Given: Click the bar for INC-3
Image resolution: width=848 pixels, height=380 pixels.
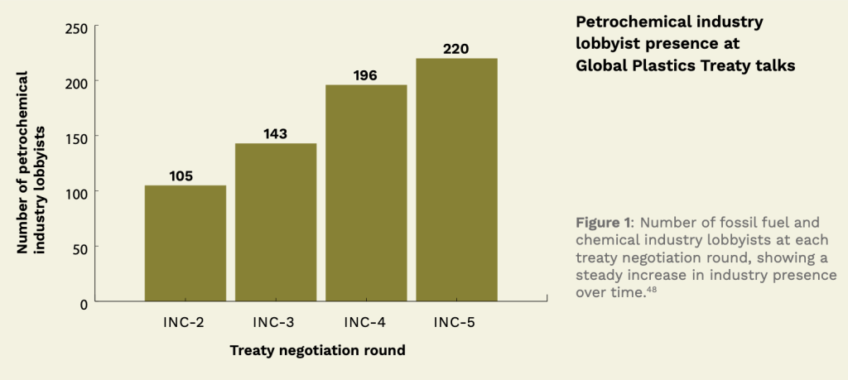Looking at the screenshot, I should (x=276, y=222).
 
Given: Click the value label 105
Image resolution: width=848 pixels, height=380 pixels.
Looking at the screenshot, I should (x=185, y=175).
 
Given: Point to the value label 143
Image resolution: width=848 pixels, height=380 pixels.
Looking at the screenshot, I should (x=276, y=132).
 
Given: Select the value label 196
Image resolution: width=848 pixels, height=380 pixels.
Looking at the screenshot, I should (x=365, y=75).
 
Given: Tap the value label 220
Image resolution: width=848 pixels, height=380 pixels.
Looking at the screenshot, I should (x=455, y=49).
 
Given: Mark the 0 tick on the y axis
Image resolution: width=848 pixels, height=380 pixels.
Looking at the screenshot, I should (x=84, y=303).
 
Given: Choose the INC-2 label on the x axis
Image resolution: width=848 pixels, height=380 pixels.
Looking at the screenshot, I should (x=184, y=322).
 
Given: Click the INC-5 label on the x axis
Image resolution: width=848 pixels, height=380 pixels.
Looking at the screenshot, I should (x=455, y=322).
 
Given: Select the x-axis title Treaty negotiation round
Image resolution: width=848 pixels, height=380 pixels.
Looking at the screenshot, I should (x=317, y=350).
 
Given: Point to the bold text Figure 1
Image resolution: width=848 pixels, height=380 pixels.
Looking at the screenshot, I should (x=603, y=222).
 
